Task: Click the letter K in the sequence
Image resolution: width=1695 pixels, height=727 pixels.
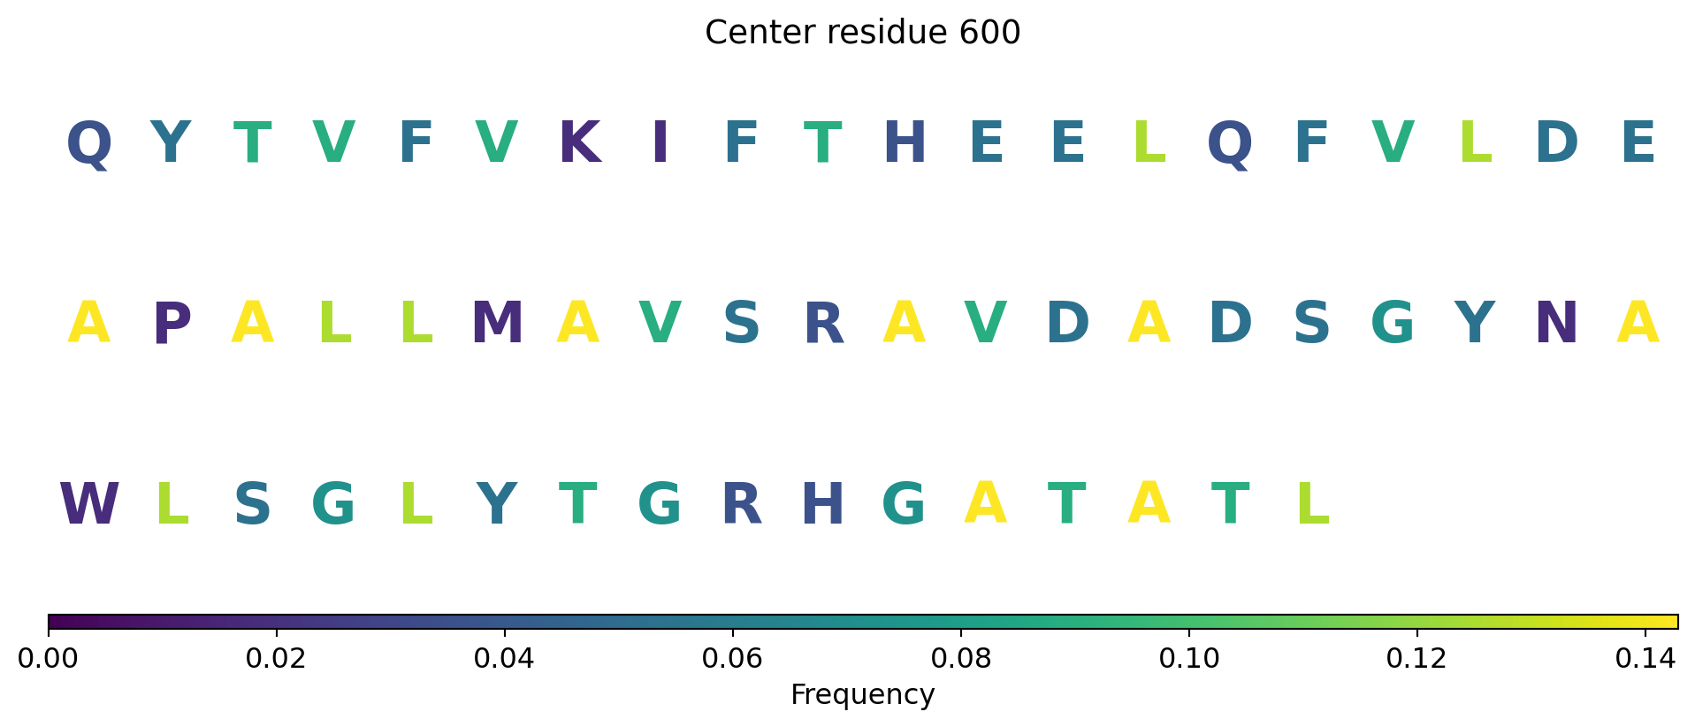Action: point(579,142)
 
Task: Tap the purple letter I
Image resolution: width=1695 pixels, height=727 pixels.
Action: point(660,142)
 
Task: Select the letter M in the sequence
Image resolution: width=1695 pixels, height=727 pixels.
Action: point(497,324)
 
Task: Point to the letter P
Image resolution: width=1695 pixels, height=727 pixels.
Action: point(172,324)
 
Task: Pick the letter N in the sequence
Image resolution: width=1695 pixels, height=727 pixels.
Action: point(1556,324)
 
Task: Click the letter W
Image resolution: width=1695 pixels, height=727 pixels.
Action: point(89,505)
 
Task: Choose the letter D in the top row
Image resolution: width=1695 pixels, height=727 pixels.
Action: point(1556,142)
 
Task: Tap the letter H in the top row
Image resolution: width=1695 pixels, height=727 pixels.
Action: point(905,142)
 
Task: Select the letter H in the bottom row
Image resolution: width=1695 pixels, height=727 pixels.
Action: point(822,505)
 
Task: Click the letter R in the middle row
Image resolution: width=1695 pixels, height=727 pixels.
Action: point(823,324)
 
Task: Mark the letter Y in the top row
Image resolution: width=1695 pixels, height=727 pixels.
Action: point(171,142)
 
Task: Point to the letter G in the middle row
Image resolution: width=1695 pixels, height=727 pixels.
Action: point(1393,324)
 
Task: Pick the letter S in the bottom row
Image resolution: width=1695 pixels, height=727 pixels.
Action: point(253,505)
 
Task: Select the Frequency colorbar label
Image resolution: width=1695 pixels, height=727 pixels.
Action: point(862,695)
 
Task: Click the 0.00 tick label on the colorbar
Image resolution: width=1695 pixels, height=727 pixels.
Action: point(49,659)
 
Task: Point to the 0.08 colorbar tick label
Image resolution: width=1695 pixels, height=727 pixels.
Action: point(960,659)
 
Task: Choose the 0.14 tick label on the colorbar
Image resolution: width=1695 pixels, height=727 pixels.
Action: point(1645,659)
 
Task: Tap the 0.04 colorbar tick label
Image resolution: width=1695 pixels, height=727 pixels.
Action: point(505,659)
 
